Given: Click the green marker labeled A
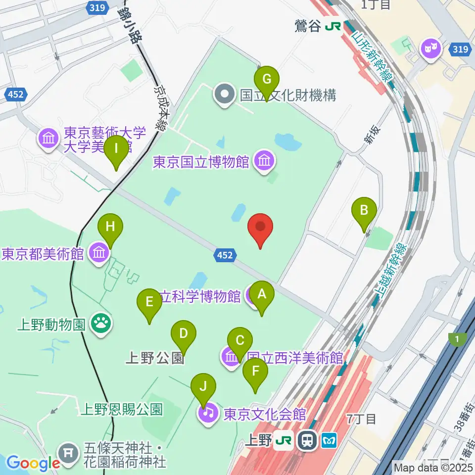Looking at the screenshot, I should click(261, 296).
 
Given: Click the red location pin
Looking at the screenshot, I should click(261, 228).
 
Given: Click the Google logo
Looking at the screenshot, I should click(33, 463).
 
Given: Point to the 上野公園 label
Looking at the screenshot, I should click(155, 358).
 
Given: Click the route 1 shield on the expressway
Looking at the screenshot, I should click(457, 339).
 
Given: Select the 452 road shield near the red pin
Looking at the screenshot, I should click(223, 255).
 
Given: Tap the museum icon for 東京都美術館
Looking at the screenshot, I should click(99, 253).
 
